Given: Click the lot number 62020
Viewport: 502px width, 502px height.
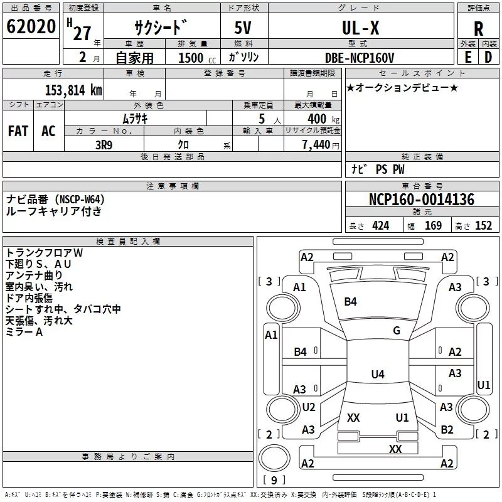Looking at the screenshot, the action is pyautogui.click(x=31, y=28).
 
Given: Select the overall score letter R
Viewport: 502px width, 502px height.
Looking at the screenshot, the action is pyautogui.click(x=478, y=29).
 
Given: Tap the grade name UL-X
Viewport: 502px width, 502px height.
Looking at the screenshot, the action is pyautogui.click(x=360, y=28).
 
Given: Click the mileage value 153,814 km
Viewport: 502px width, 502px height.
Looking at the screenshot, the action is pyautogui.click(x=73, y=90).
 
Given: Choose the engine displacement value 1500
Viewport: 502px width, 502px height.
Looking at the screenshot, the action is pyautogui.click(x=191, y=58).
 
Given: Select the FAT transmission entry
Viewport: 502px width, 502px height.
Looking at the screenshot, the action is pyautogui.click(x=18, y=131).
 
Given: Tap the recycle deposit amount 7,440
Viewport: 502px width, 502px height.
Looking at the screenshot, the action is pyautogui.click(x=316, y=145).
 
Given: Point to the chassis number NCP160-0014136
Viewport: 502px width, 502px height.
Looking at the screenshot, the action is pyautogui.click(x=422, y=200).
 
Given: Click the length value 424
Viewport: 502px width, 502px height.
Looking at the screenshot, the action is pyautogui.click(x=380, y=225).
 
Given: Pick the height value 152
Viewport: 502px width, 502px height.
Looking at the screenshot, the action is pyautogui.click(x=483, y=225).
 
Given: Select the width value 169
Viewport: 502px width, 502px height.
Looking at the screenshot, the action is pyautogui.click(x=433, y=225).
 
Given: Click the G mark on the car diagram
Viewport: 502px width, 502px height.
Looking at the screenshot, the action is pyautogui.click(x=397, y=331).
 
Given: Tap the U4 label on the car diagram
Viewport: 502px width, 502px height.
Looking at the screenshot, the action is pyautogui.click(x=377, y=375).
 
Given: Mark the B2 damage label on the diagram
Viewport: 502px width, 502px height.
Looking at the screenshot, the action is pyautogui.click(x=447, y=430).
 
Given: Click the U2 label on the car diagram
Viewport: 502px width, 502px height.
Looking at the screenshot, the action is pyautogui.click(x=308, y=407).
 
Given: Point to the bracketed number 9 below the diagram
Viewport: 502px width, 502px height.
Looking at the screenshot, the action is pyautogui.click(x=274, y=480).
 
